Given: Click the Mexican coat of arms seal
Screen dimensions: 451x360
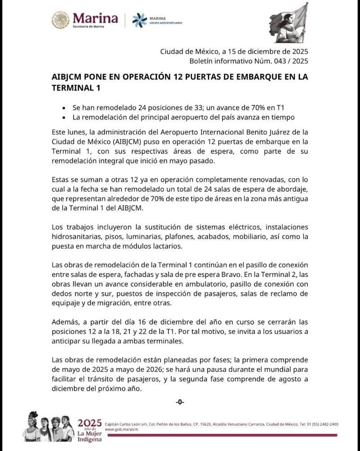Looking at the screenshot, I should coord(60,20).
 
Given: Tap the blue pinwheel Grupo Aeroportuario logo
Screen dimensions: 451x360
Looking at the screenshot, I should coord(139,20).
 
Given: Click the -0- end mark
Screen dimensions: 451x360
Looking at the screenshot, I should coord(180,402).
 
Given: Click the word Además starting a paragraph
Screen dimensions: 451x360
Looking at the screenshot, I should coord(66,323).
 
